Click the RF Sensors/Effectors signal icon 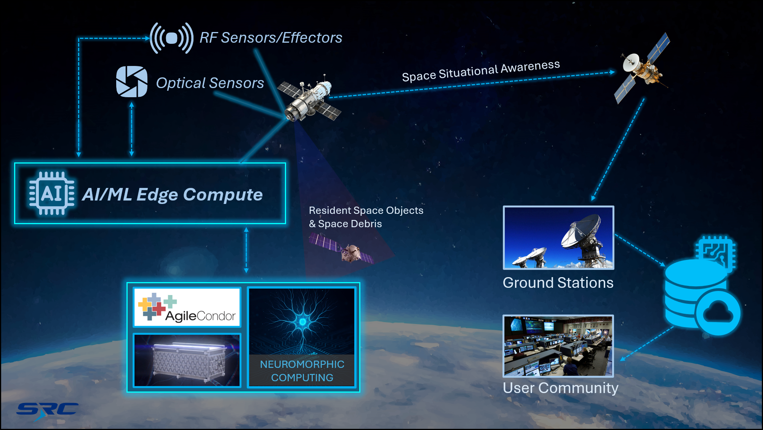171,38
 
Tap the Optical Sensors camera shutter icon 132,82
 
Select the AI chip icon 52,194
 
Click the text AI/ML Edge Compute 173,194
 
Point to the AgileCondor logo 187,307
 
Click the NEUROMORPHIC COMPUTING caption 302,371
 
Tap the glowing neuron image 302,321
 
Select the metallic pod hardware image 187,360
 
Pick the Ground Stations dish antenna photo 558,237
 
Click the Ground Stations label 558,283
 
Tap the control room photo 558,346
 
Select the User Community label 560,388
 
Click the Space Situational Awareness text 481,71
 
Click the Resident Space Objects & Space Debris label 366,217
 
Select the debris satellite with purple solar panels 341,249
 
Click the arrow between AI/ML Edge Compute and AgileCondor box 246,250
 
